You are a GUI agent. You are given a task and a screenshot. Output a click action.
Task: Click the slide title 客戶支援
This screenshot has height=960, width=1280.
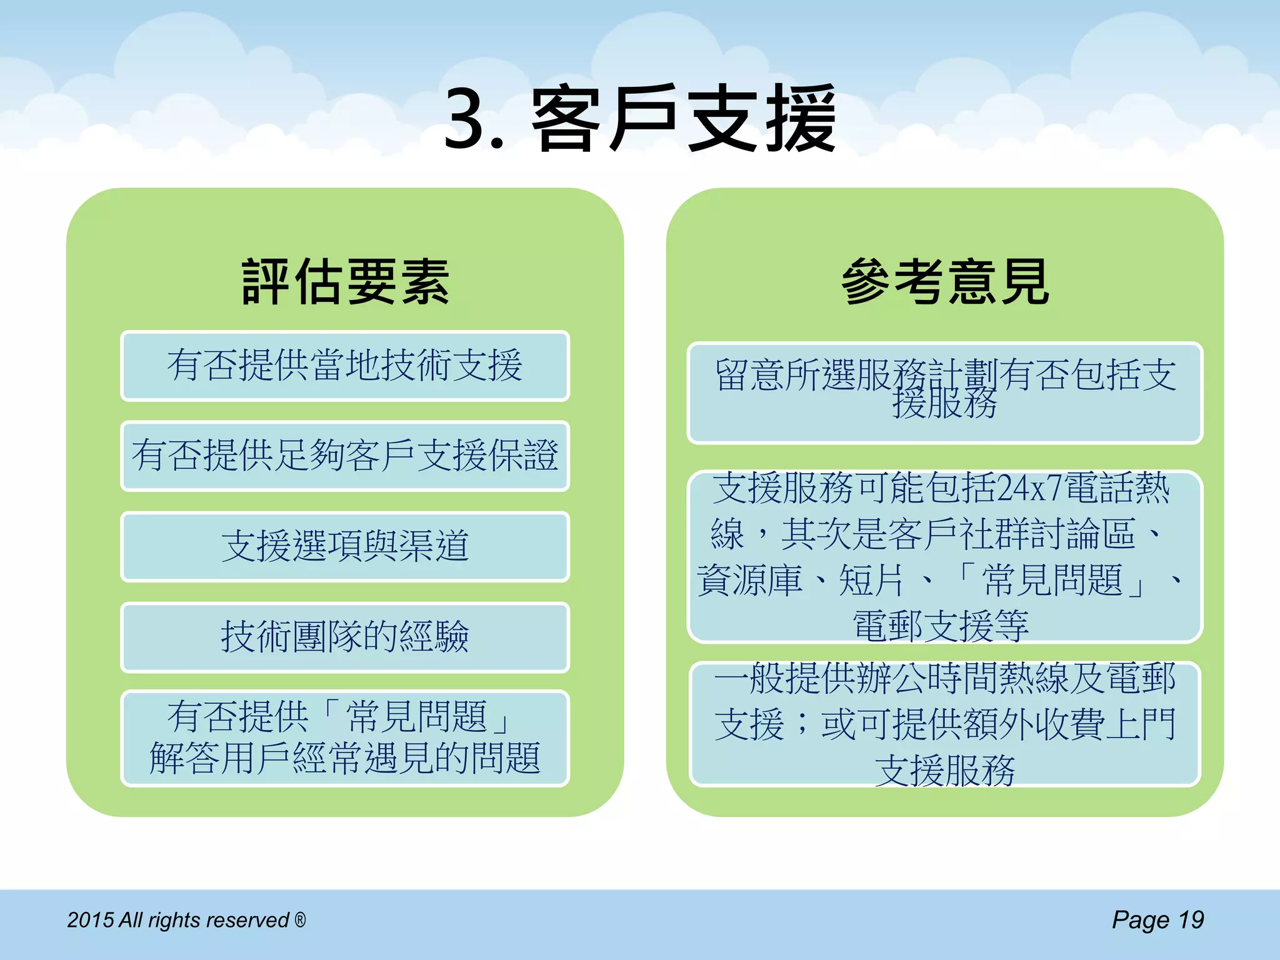(684, 119)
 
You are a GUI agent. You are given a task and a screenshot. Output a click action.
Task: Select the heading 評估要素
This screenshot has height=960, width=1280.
(345, 282)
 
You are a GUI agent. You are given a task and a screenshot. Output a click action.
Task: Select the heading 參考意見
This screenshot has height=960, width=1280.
(944, 282)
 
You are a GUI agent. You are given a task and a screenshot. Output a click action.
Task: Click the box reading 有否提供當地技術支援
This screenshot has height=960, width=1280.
(345, 366)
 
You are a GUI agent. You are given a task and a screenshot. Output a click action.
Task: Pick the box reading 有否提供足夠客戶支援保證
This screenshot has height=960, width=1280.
(345, 456)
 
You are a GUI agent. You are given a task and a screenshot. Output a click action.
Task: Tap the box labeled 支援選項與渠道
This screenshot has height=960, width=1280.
(345, 546)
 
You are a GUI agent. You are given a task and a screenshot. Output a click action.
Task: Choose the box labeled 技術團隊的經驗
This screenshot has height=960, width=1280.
(345, 637)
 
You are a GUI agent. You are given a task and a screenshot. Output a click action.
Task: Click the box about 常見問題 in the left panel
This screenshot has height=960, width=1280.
(345, 737)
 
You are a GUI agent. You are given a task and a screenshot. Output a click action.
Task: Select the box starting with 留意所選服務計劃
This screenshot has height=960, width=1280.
(944, 392)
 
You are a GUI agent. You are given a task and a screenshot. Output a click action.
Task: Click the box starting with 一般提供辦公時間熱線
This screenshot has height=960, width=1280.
(944, 724)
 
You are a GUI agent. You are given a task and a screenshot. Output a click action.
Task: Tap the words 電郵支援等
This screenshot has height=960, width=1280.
(941, 626)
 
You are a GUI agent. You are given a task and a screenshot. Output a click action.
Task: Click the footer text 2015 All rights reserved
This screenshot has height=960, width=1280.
(178, 920)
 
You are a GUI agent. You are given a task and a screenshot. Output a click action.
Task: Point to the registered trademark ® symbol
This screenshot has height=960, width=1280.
(301, 919)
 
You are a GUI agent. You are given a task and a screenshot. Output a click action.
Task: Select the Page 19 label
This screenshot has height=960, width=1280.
(1157, 920)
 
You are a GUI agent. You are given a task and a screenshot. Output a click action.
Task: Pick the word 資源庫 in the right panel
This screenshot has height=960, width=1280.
(749, 581)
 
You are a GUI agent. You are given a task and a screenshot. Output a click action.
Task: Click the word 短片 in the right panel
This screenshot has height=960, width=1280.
(871, 581)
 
